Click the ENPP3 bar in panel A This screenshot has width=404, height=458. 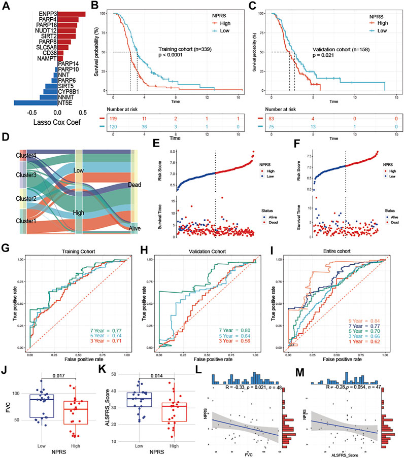tap(71, 13)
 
